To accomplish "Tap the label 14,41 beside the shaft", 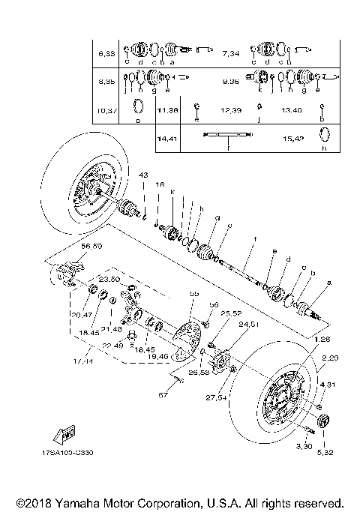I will pos(165,139).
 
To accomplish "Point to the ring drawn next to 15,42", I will pos(324,135).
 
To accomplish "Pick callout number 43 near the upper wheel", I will pos(142,174).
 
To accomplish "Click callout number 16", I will pos(160,184).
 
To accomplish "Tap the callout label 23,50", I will pos(109,279).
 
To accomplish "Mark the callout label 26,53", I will pos(199,373).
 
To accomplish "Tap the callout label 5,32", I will pos(325,452).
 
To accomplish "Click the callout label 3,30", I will pos(303,447).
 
